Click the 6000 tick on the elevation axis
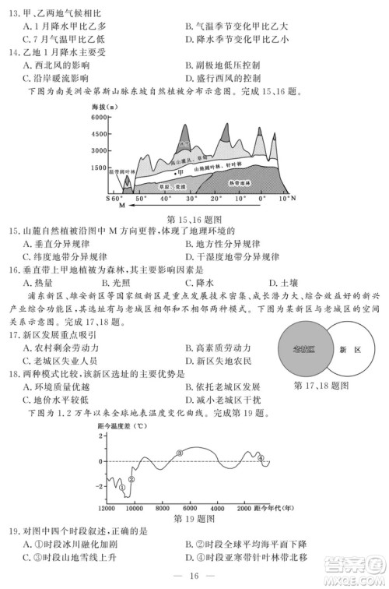99,116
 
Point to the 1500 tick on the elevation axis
99,167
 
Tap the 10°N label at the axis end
288,199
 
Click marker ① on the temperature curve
122,488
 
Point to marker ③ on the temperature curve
180,452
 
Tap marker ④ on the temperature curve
261,457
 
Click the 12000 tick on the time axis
107,506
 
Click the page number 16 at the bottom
194,576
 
